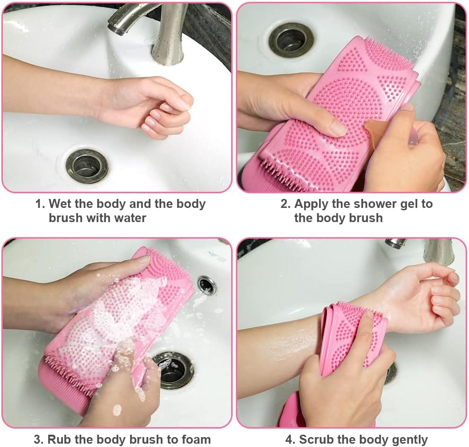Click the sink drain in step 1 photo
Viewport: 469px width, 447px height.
pyautogui.click(x=87, y=166)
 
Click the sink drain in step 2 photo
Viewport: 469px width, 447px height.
pyautogui.click(x=291, y=40)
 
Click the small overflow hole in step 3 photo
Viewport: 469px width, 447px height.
pyautogui.click(x=207, y=284)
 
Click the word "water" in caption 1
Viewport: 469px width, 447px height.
pyautogui.click(x=130, y=218)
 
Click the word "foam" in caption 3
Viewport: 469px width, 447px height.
pyautogui.click(x=196, y=439)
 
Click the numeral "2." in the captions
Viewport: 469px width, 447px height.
pyautogui.click(x=286, y=204)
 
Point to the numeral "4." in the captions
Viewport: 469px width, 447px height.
pyautogui.click(x=290, y=440)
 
